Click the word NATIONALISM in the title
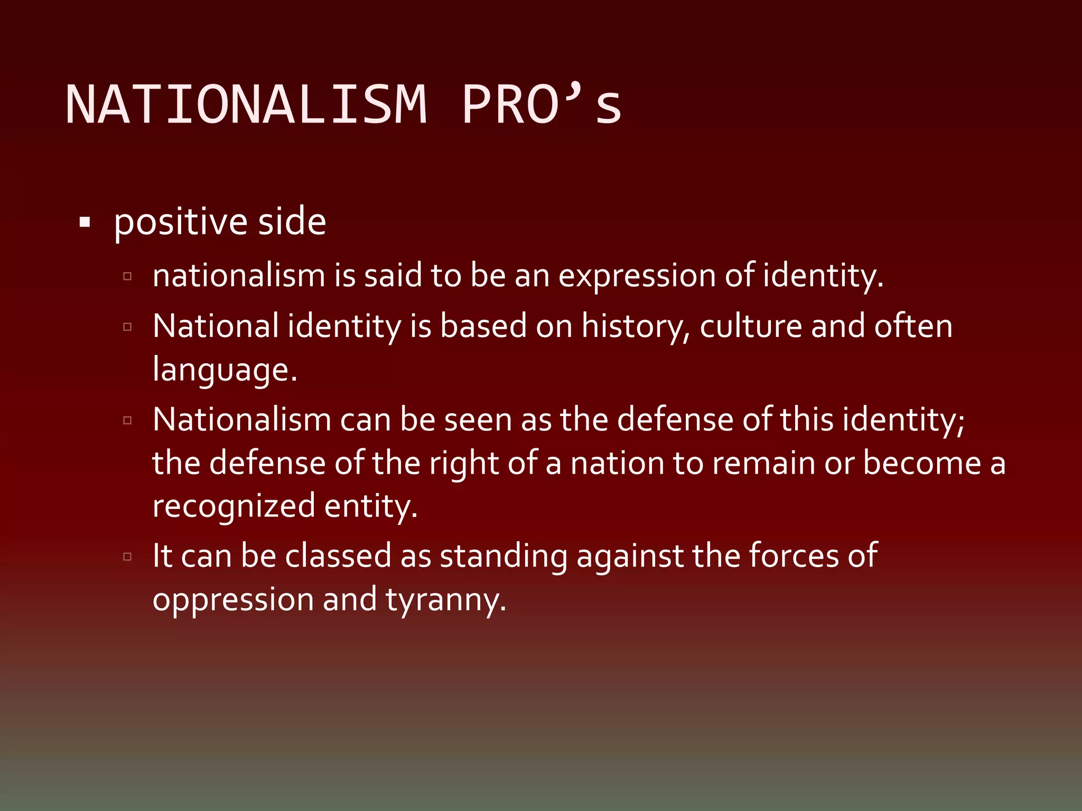click(246, 105)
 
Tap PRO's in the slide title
click(542, 105)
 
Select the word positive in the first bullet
click(180, 222)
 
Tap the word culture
click(751, 326)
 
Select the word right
click(463, 464)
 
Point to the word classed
click(338, 556)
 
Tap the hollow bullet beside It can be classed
click(127, 557)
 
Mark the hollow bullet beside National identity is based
click(127, 327)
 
